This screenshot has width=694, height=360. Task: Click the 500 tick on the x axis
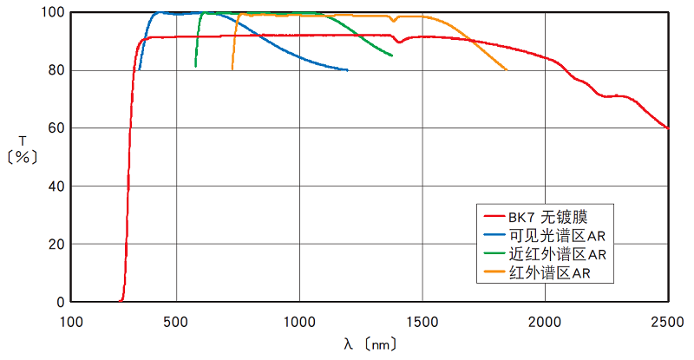176,319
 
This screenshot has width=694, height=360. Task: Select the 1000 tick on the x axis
299,319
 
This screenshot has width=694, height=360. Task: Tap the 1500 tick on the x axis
422,319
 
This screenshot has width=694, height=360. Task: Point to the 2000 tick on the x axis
545,319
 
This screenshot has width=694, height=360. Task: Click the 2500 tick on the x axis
667,319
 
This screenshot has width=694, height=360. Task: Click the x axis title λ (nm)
370,344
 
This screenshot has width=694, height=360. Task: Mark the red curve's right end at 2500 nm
667,128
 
